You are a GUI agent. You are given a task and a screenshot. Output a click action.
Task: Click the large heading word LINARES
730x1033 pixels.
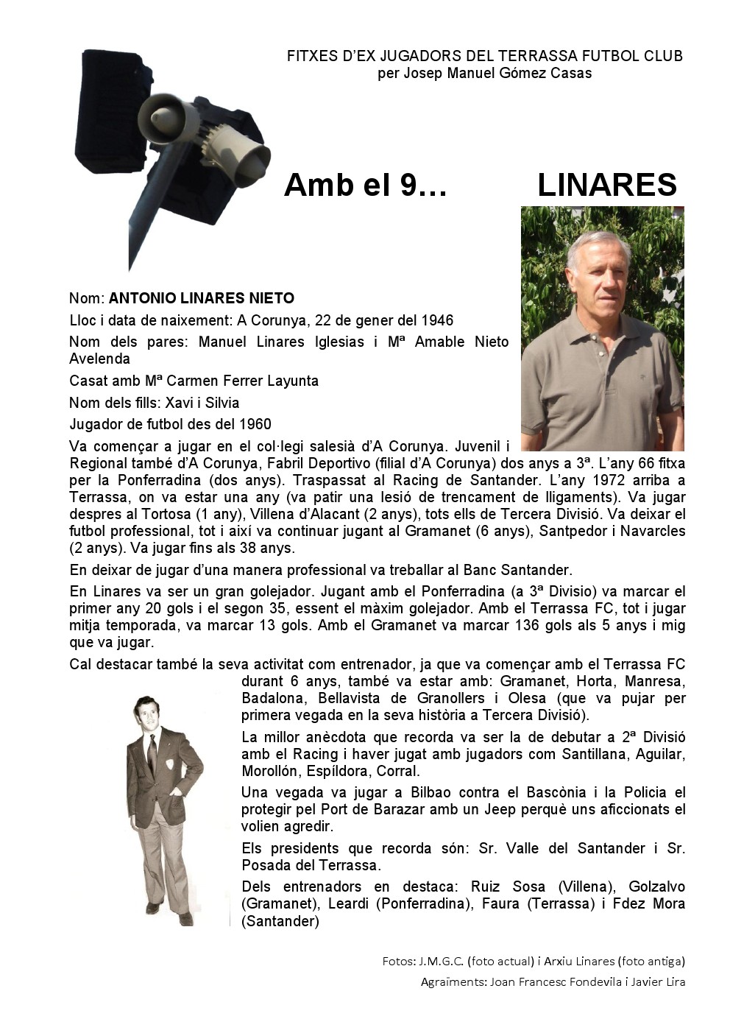tap(606, 185)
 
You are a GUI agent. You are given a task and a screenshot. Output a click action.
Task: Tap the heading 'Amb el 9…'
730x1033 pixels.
tap(365, 185)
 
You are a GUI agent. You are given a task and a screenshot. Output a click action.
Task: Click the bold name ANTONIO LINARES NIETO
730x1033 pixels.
tap(202, 298)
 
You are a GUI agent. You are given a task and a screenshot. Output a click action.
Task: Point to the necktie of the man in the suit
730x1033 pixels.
tap(152, 750)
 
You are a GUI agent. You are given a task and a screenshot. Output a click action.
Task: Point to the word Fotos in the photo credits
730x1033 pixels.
tap(398, 961)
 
